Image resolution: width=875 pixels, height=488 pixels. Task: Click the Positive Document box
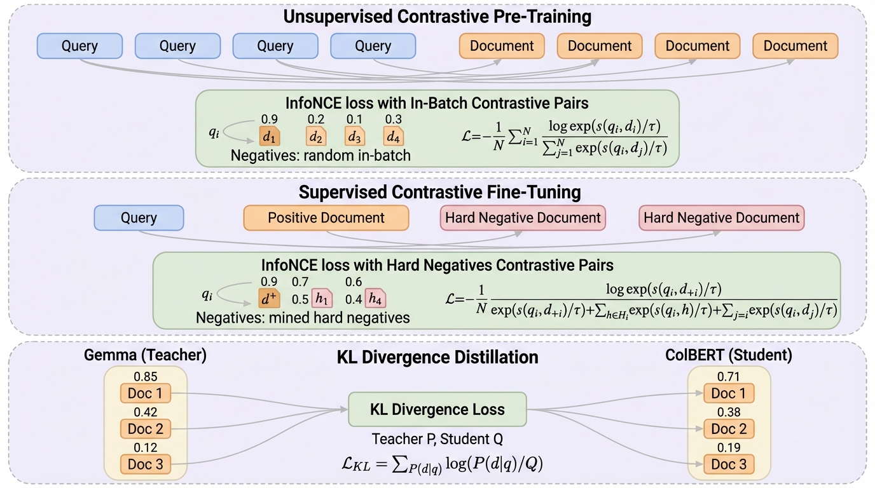[326, 218]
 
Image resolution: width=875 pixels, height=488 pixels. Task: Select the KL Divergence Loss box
[437, 410]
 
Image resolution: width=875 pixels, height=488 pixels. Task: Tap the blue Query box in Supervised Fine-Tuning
[139, 218]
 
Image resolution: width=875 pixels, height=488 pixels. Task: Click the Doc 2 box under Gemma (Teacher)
[146, 429]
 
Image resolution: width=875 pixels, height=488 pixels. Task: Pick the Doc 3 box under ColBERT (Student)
[729, 464]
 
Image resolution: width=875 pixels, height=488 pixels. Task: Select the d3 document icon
[355, 137]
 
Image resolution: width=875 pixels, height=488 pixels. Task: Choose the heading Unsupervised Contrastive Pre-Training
[437, 17]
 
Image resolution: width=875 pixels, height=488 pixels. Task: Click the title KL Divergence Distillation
[437, 357]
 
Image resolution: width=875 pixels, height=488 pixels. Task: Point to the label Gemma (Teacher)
[145, 355]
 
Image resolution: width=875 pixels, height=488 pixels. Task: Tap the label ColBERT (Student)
[729, 355]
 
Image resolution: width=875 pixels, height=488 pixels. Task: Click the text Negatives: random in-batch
[320, 155]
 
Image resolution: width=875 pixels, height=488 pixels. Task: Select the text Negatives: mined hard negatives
[303, 317]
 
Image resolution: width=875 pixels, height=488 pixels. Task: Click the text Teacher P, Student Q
[437, 439]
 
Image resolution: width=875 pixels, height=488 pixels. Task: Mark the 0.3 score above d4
[393, 119]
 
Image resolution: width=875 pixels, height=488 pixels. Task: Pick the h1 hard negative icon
[322, 298]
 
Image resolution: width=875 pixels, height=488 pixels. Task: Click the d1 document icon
[270, 137]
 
